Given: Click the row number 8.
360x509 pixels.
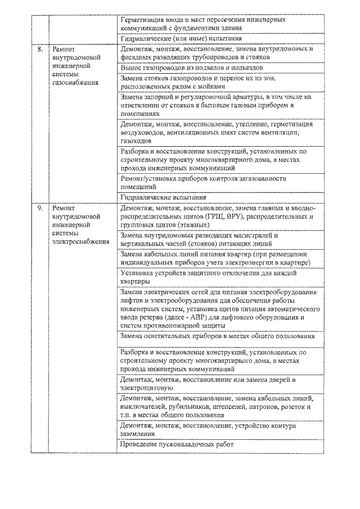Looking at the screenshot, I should pos(40,49).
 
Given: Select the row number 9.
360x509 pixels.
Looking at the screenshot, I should pos(40,208).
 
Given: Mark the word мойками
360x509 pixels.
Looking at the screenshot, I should pos(211,87).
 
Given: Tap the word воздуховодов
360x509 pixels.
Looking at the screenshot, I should pos(142,133).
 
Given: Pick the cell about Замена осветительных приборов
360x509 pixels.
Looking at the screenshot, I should pos(217,336).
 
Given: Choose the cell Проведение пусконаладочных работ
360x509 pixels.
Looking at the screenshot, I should pos(177,445).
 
